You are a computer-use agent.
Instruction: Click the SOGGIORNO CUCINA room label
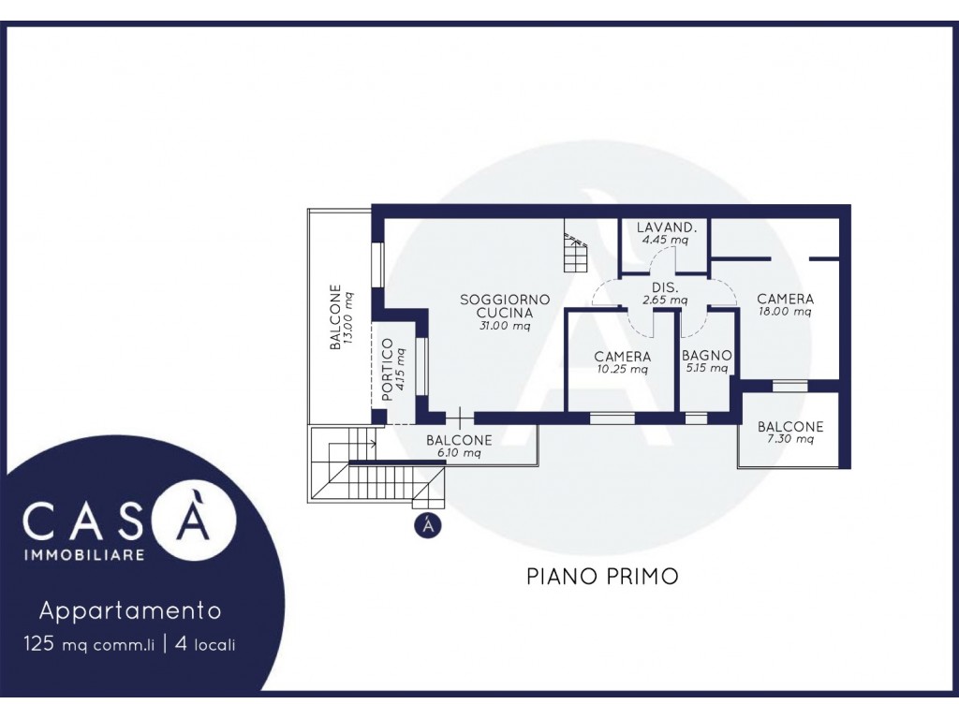coord(505,306)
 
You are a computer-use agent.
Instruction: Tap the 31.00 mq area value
coord(505,326)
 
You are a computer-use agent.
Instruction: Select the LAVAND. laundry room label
coord(666,227)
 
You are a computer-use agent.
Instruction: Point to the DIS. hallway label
coord(665,288)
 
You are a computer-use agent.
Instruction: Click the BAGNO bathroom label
coord(706,355)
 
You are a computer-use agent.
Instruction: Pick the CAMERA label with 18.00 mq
coord(786,299)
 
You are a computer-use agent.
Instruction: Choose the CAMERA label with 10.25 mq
coord(623,357)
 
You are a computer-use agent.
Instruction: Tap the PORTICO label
coord(387,369)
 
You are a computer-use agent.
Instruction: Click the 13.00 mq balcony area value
coord(348,317)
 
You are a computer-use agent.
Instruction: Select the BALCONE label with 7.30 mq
coord(790,426)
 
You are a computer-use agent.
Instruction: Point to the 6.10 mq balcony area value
coord(459,453)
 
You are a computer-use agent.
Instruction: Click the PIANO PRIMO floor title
coord(602,576)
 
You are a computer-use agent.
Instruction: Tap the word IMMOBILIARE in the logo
coord(84,554)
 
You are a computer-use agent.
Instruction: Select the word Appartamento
coord(130,610)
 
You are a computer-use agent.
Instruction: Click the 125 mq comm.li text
coord(89,644)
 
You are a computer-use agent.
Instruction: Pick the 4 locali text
coord(205,644)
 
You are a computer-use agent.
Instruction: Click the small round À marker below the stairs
coord(428,525)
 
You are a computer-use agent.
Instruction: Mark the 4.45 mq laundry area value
coord(666,240)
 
